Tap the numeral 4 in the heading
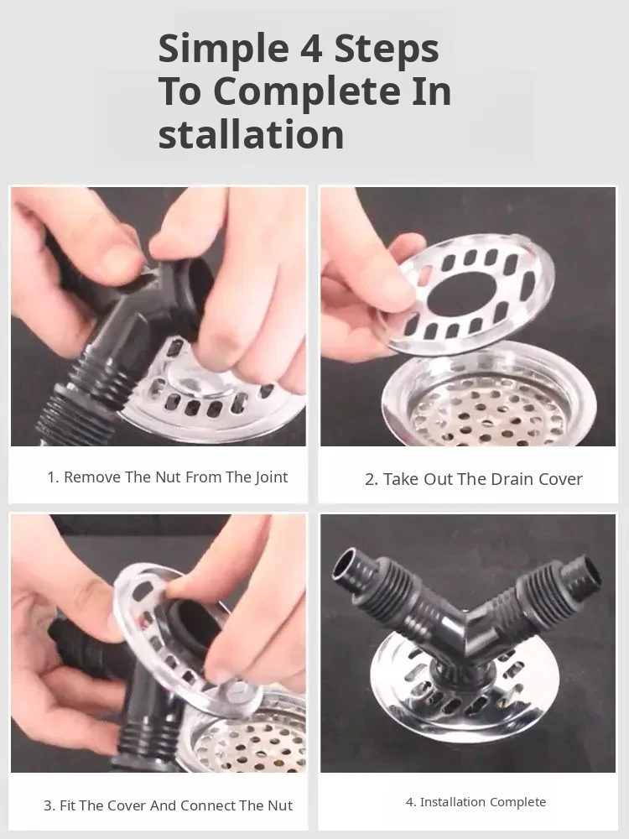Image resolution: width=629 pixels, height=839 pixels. pyautogui.click(x=311, y=49)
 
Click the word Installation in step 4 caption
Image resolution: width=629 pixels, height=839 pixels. pyautogui.click(x=453, y=802)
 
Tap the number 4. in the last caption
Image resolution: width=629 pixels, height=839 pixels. pyautogui.click(x=411, y=802)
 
